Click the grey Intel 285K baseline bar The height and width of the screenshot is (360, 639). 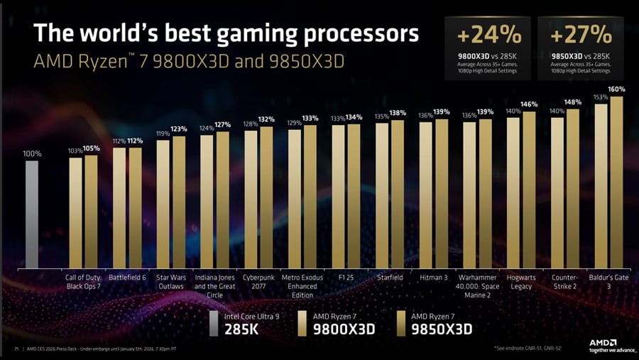point(32,213)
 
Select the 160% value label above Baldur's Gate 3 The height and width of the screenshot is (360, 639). point(616,89)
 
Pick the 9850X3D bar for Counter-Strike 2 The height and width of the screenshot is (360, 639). point(573,188)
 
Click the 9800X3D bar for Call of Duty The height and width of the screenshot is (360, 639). point(75,213)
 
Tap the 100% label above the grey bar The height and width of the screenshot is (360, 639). point(32,153)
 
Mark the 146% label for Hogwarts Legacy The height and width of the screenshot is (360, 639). point(530,104)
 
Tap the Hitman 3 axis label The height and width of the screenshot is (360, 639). point(433,278)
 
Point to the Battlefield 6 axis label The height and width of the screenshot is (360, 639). point(127,278)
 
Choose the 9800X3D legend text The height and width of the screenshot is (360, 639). point(344,329)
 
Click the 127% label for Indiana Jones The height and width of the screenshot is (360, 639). point(222,125)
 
